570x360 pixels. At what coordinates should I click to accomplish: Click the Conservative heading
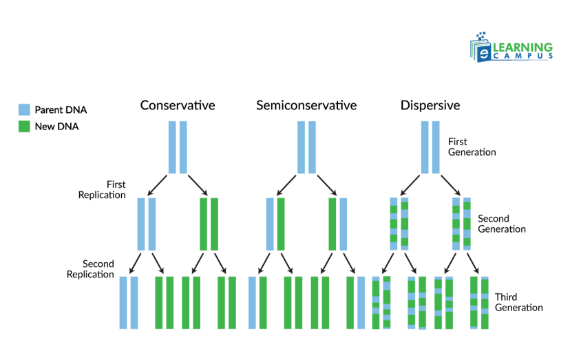pyautogui.click(x=178, y=105)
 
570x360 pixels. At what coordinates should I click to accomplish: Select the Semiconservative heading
pyautogui.click(x=306, y=105)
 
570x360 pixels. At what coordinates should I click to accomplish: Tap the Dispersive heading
pyautogui.click(x=430, y=105)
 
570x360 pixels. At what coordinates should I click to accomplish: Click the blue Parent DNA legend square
pyautogui.click(x=24, y=110)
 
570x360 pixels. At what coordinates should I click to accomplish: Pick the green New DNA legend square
pyautogui.click(x=24, y=127)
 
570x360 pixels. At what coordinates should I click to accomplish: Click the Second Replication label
pyautogui.click(x=90, y=269)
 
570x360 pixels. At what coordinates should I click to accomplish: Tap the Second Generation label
pyautogui.click(x=502, y=224)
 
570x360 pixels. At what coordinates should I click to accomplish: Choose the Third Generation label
pyautogui.click(x=518, y=302)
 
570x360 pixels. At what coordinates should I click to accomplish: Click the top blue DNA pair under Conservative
pyautogui.click(x=178, y=147)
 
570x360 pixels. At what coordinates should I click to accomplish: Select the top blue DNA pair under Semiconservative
pyautogui.click(x=306, y=147)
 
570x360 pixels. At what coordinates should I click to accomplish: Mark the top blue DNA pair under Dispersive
pyautogui.click(x=430, y=147)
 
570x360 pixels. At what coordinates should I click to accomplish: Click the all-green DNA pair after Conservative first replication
pyautogui.click(x=209, y=224)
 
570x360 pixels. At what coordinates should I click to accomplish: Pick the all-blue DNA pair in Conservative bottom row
pyautogui.click(x=129, y=303)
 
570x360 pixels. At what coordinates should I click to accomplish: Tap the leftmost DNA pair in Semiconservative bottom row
pyautogui.click(x=257, y=303)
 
